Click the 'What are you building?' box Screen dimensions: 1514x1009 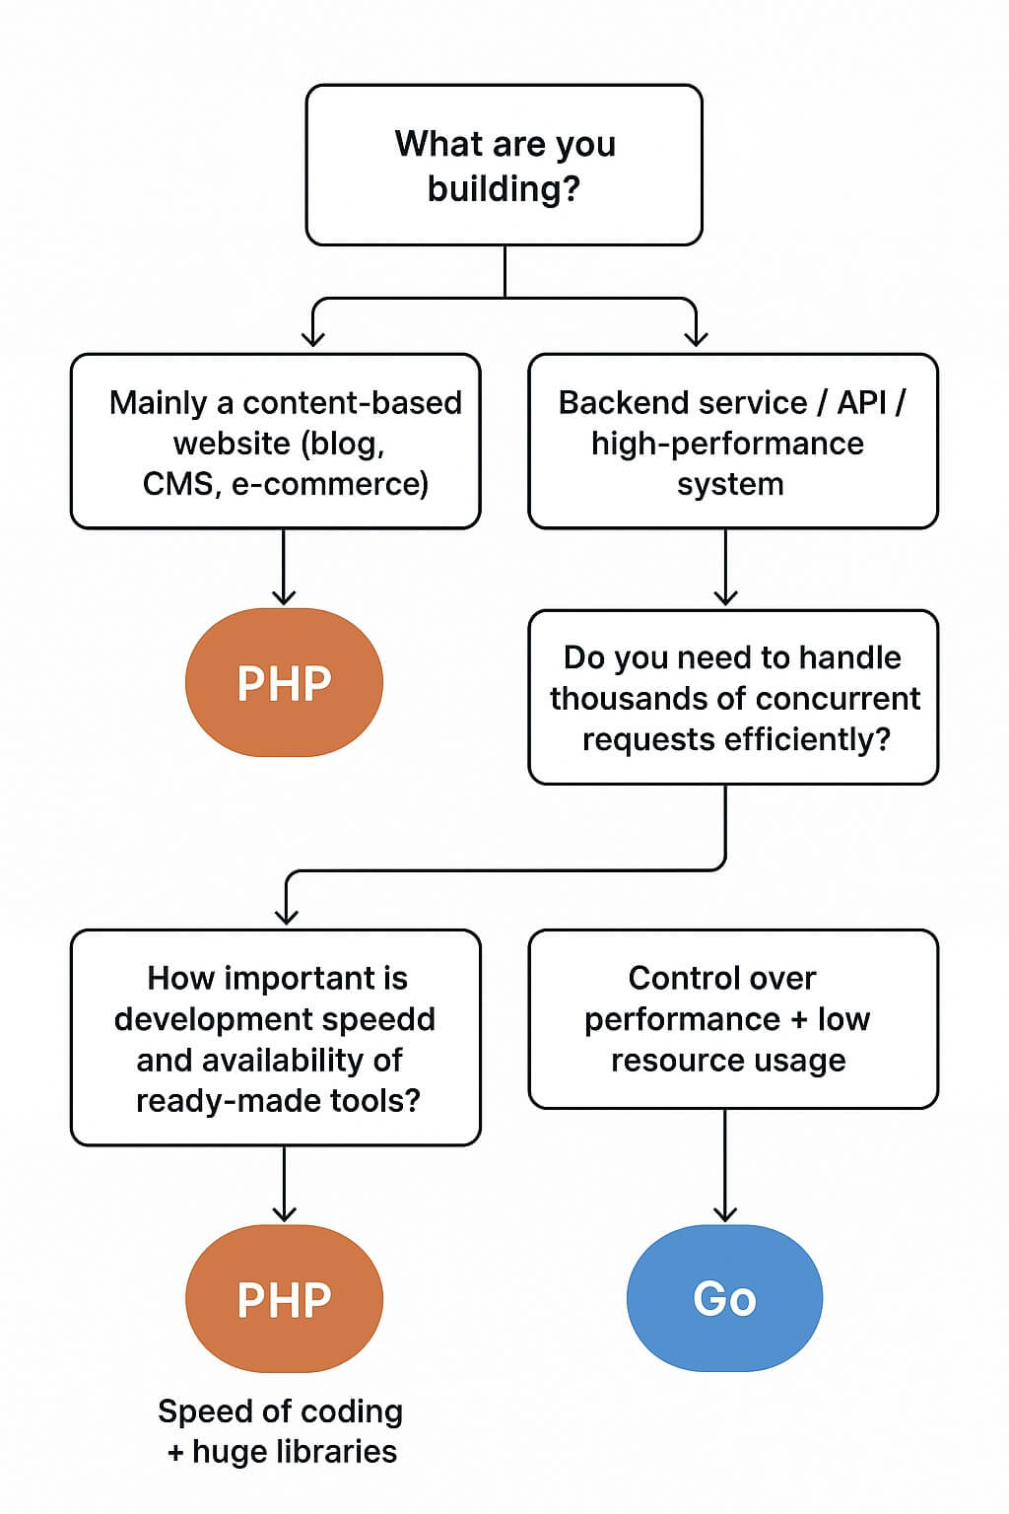[504, 165]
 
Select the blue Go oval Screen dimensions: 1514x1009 [724, 1298]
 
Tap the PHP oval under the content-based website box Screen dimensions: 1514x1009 [284, 682]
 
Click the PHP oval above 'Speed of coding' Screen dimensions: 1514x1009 [284, 1298]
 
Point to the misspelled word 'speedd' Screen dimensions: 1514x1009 [390, 1019]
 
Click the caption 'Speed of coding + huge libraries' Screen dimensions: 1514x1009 [282, 1431]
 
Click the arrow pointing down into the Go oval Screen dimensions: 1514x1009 [725, 1168]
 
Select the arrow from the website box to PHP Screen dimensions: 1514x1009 [284, 568]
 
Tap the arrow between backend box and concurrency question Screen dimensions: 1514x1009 [725, 569]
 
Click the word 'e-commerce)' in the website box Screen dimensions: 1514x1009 [330, 484]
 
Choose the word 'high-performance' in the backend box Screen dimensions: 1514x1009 [727, 444]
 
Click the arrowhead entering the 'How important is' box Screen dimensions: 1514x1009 [286, 915]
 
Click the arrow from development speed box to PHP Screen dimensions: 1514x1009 [284, 1184]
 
